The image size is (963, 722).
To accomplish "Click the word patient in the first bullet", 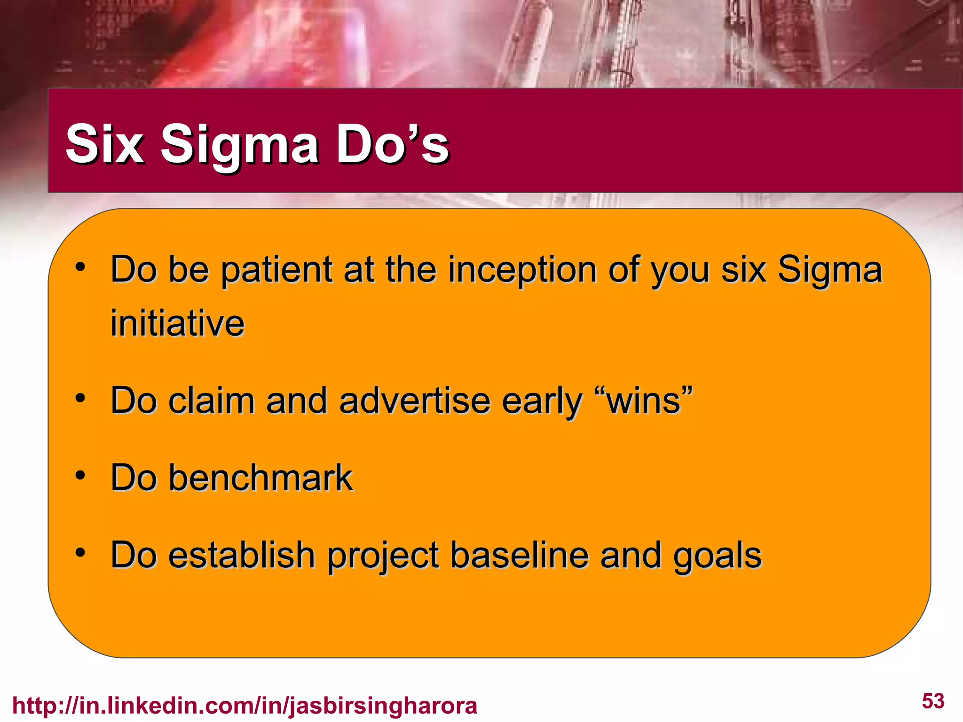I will coord(277,270).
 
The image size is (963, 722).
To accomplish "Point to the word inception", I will coord(522,270).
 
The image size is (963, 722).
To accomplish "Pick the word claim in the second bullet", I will coord(211,401).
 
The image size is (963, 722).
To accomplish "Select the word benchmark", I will coord(260,478).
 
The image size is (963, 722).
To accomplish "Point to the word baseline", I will coord(519,555).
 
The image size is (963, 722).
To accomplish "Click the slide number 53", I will coord(933,701).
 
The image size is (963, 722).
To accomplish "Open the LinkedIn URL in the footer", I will coord(245,706).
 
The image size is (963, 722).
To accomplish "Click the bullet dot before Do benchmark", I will coord(80,475).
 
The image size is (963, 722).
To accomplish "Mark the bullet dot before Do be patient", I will coord(80,267).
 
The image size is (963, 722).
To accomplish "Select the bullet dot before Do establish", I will coord(80,552).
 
